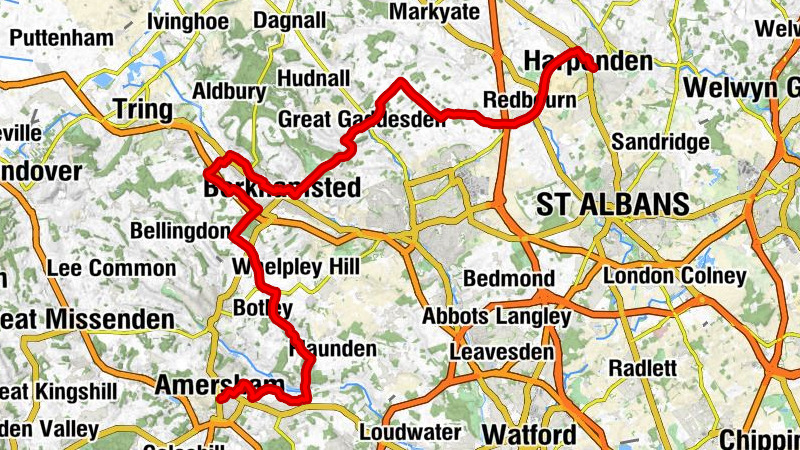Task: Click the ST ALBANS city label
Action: click(x=613, y=206)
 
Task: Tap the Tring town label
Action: click(x=145, y=109)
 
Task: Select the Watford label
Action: click(x=529, y=435)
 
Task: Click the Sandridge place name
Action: click(x=659, y=142)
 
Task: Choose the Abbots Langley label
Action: click(x=497, y=317)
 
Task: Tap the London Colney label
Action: click(x=676, y=275)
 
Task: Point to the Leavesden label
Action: click(x=502, y=353)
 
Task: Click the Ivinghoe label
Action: click(x=188, y=20)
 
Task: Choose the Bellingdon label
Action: click(x=181, y=231)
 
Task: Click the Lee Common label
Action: click(x=110, y=269)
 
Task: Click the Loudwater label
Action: click(x=410, y=433)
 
